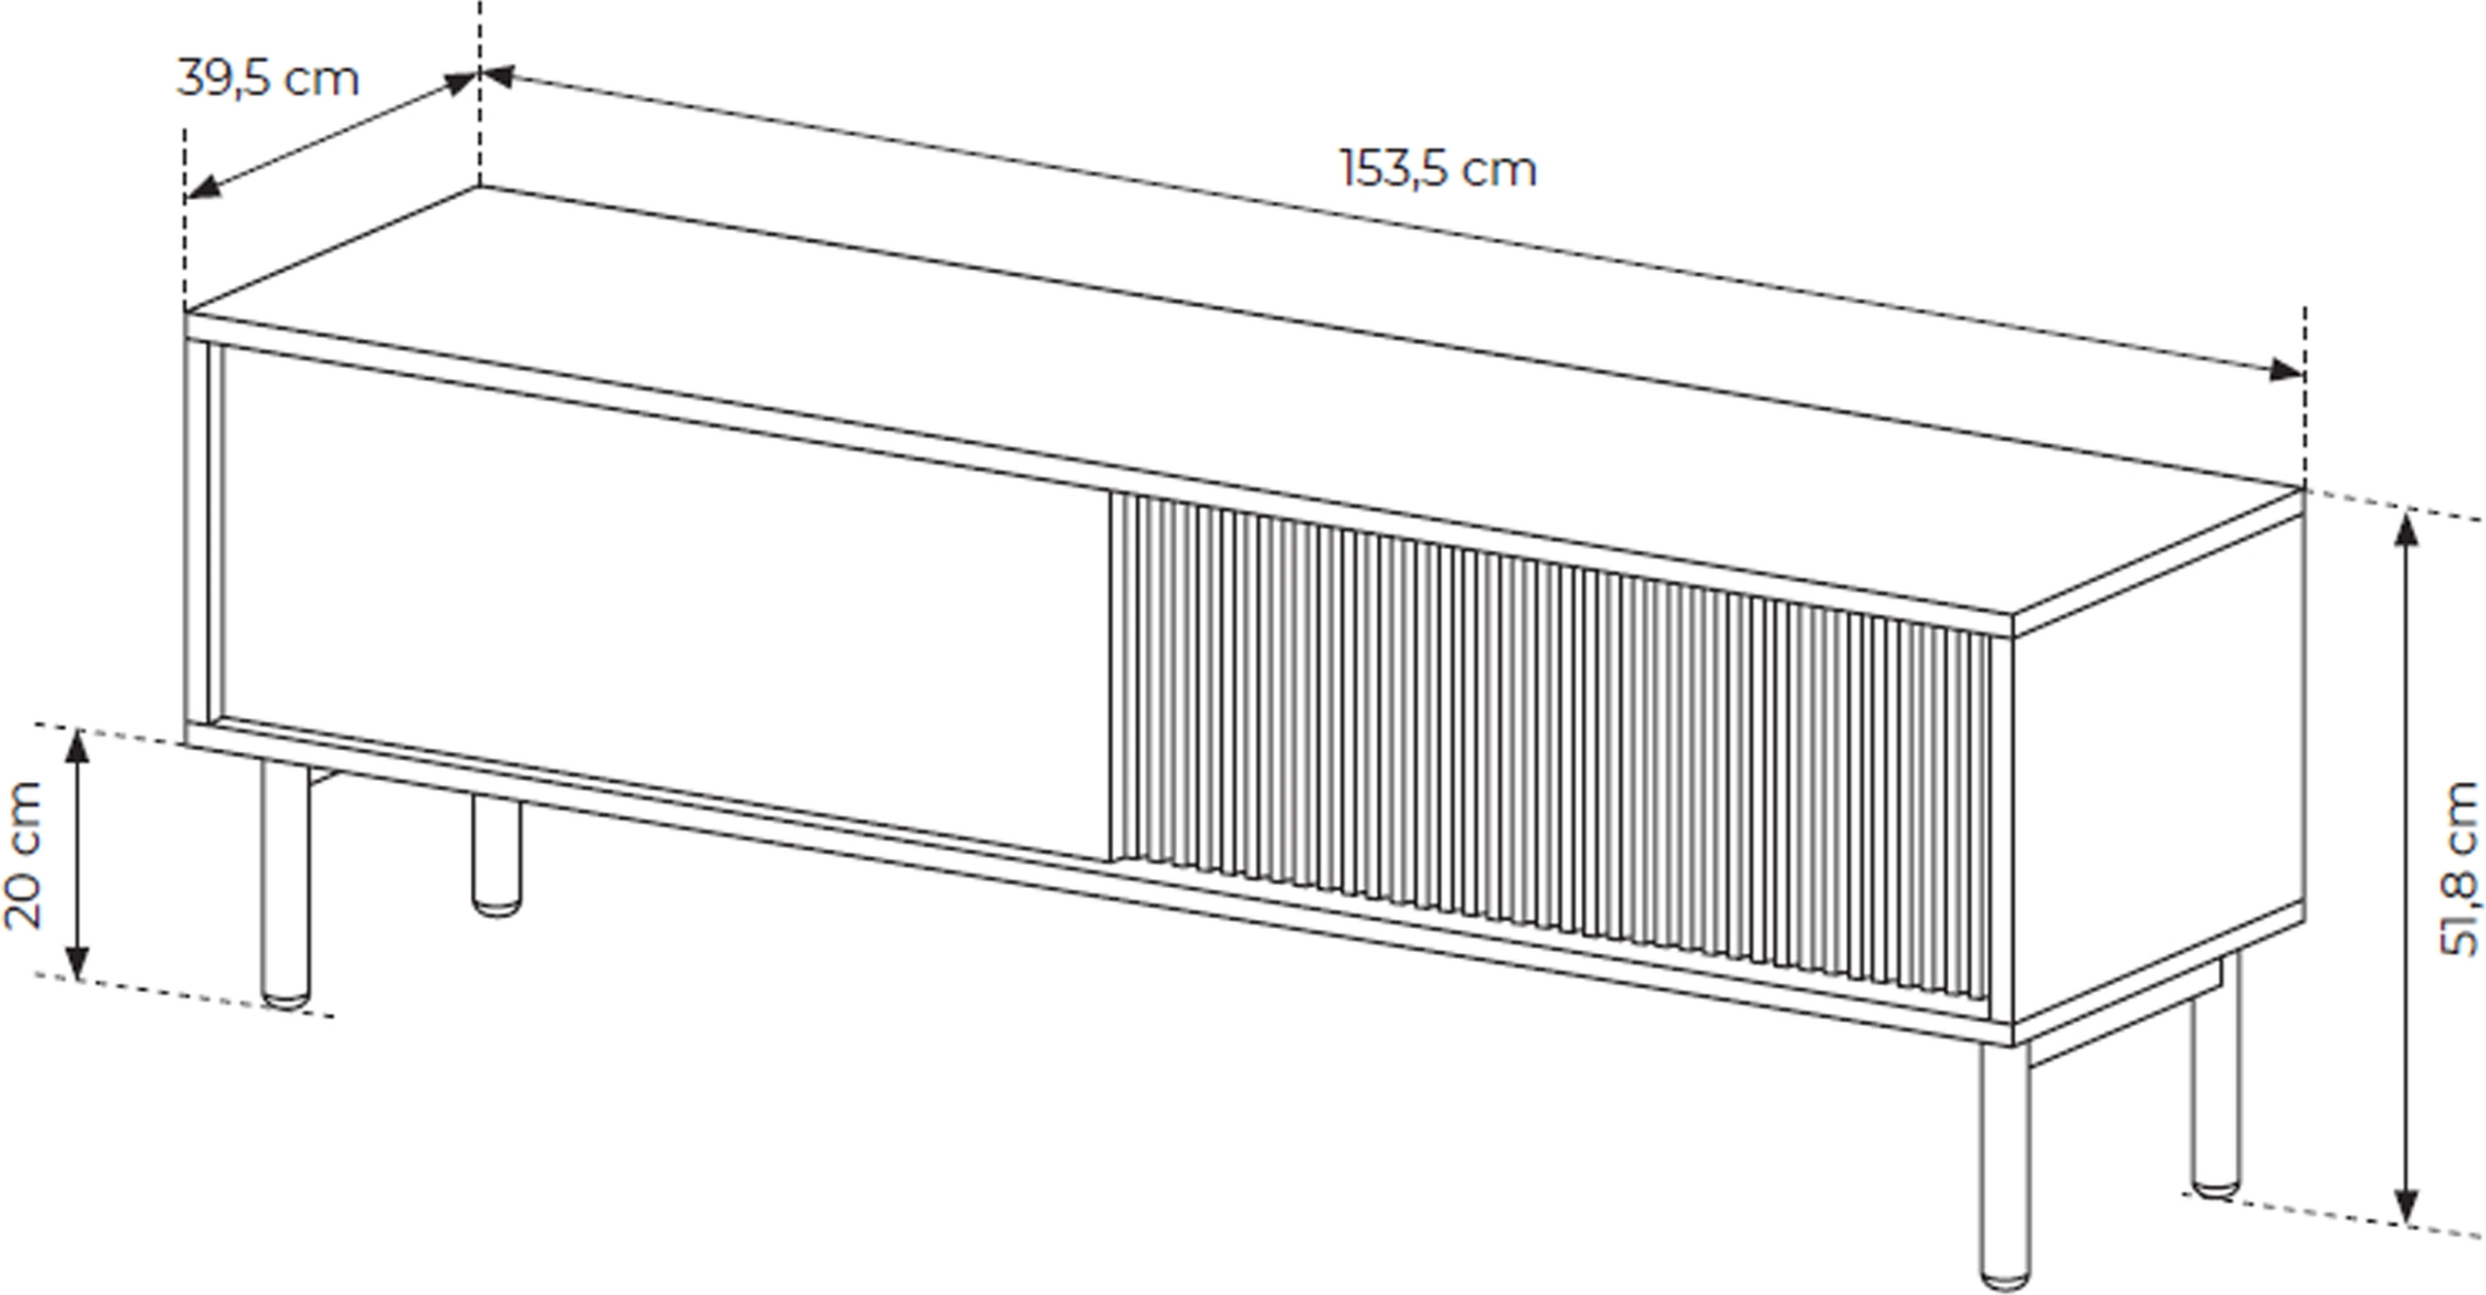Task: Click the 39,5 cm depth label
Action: click(x=268, y=79)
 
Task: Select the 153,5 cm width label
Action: click(x=1439, y=169)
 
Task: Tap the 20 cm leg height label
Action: click(x=24, y=854)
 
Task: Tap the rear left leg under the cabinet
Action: click(x=496, y=856)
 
